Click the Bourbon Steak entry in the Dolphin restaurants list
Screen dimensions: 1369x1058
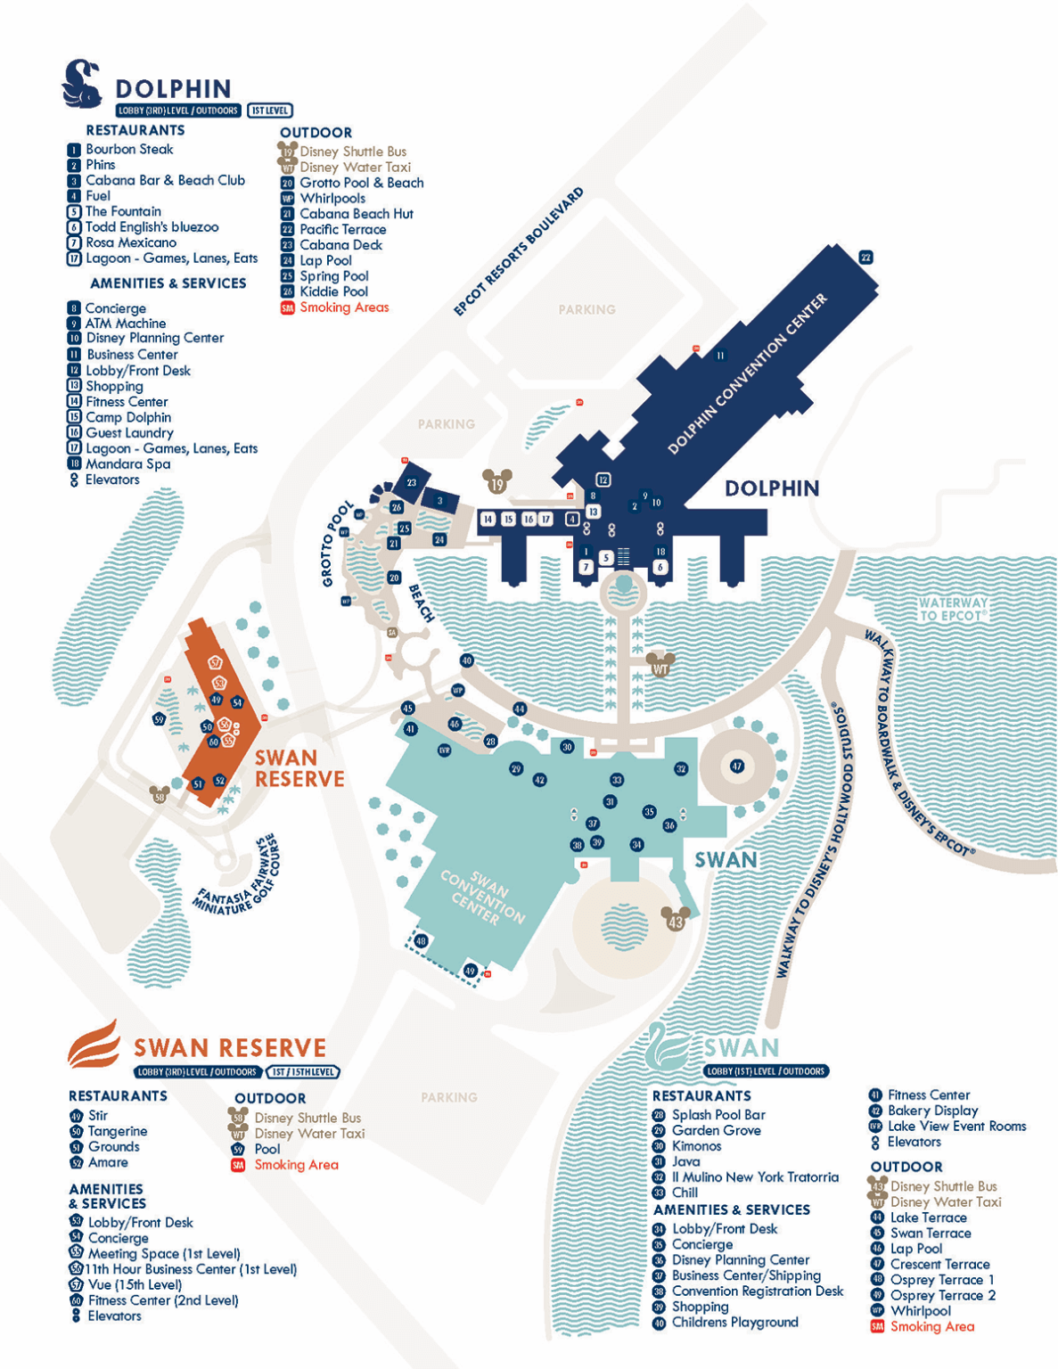tap(129, 150)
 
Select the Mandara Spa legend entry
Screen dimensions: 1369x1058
tap(127, 464)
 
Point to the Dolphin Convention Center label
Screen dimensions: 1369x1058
tap(747, 374)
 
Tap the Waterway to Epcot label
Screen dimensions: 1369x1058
tap(953, 610)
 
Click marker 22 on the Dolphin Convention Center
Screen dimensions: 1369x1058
tap(865, 258)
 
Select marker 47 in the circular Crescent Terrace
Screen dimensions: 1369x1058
tap(736, 766)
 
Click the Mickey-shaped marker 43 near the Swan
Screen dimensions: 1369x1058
tap(676, 921)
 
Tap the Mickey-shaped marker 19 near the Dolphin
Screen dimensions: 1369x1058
tap(497, 484)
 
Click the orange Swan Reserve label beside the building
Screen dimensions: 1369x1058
tap(299, 768)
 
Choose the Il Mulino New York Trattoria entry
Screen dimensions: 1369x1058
tap(754, 1177)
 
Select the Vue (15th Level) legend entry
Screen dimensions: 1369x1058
tap(135, 1285)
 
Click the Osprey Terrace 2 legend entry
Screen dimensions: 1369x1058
tap(942, 1296)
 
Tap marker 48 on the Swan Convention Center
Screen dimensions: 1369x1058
tap(421, 941)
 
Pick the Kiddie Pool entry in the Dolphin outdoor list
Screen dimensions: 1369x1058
tap(333, 292)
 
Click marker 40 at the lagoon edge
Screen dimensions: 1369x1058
tap(466, 660)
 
